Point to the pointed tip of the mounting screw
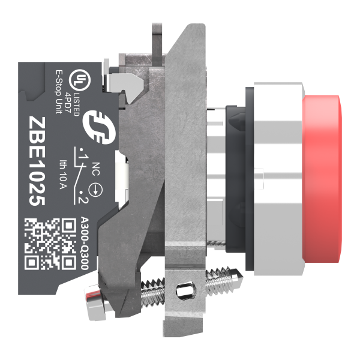coord(241,278)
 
